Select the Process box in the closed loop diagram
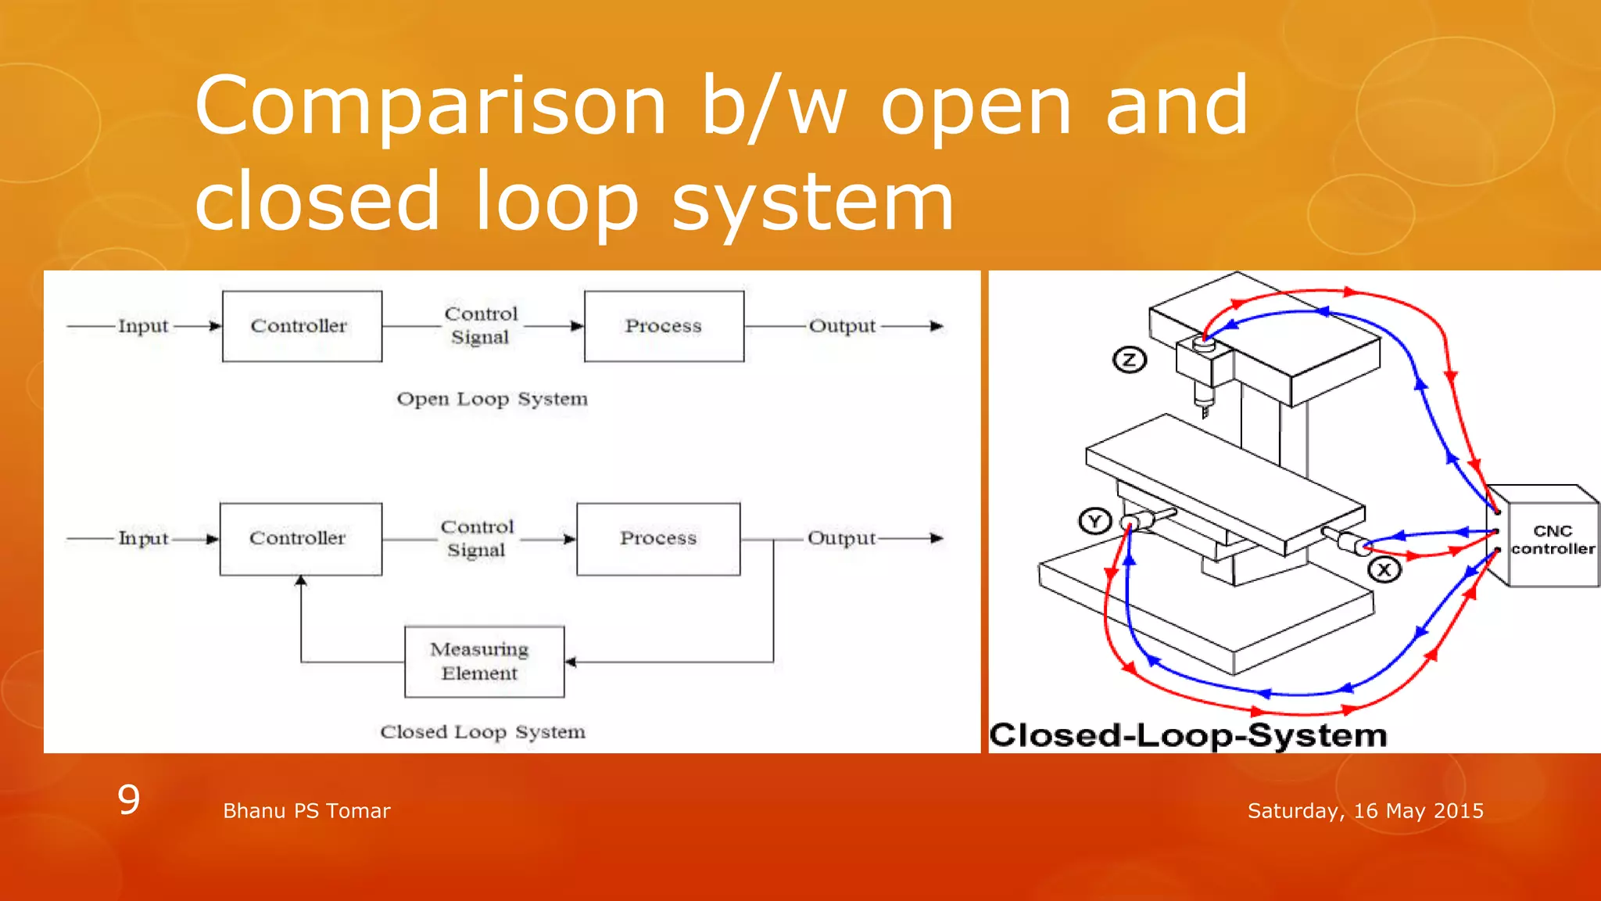point(658,539)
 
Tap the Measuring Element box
point(484,662)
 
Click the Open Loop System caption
point(492,399)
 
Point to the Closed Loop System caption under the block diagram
point(482,732)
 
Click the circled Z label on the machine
point(1129,360)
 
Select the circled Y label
point(1094,521)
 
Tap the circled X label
point(1384,569)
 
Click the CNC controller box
point(1552,540)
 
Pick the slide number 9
point(129,799)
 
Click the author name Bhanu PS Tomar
point(306,811)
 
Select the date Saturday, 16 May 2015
point(1365,811)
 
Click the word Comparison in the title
point(431,106)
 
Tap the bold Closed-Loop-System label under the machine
point(1187,735)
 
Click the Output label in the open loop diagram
point(842,326)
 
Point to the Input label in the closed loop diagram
point(143,538)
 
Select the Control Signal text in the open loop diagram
point(481,325)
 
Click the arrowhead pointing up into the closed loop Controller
point(301,581)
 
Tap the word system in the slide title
point(813,202)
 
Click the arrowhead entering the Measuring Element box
point(571,662)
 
